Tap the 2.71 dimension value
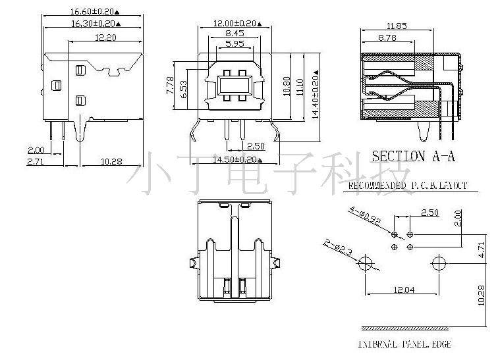coord(36,161)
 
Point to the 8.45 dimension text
coord(235,33)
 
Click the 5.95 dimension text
coord(235,43)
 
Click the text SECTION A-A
coord(413,157)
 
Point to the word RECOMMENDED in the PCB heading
coord(376,186)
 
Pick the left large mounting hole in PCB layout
coord(364,265)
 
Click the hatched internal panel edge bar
coord(406,328)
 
